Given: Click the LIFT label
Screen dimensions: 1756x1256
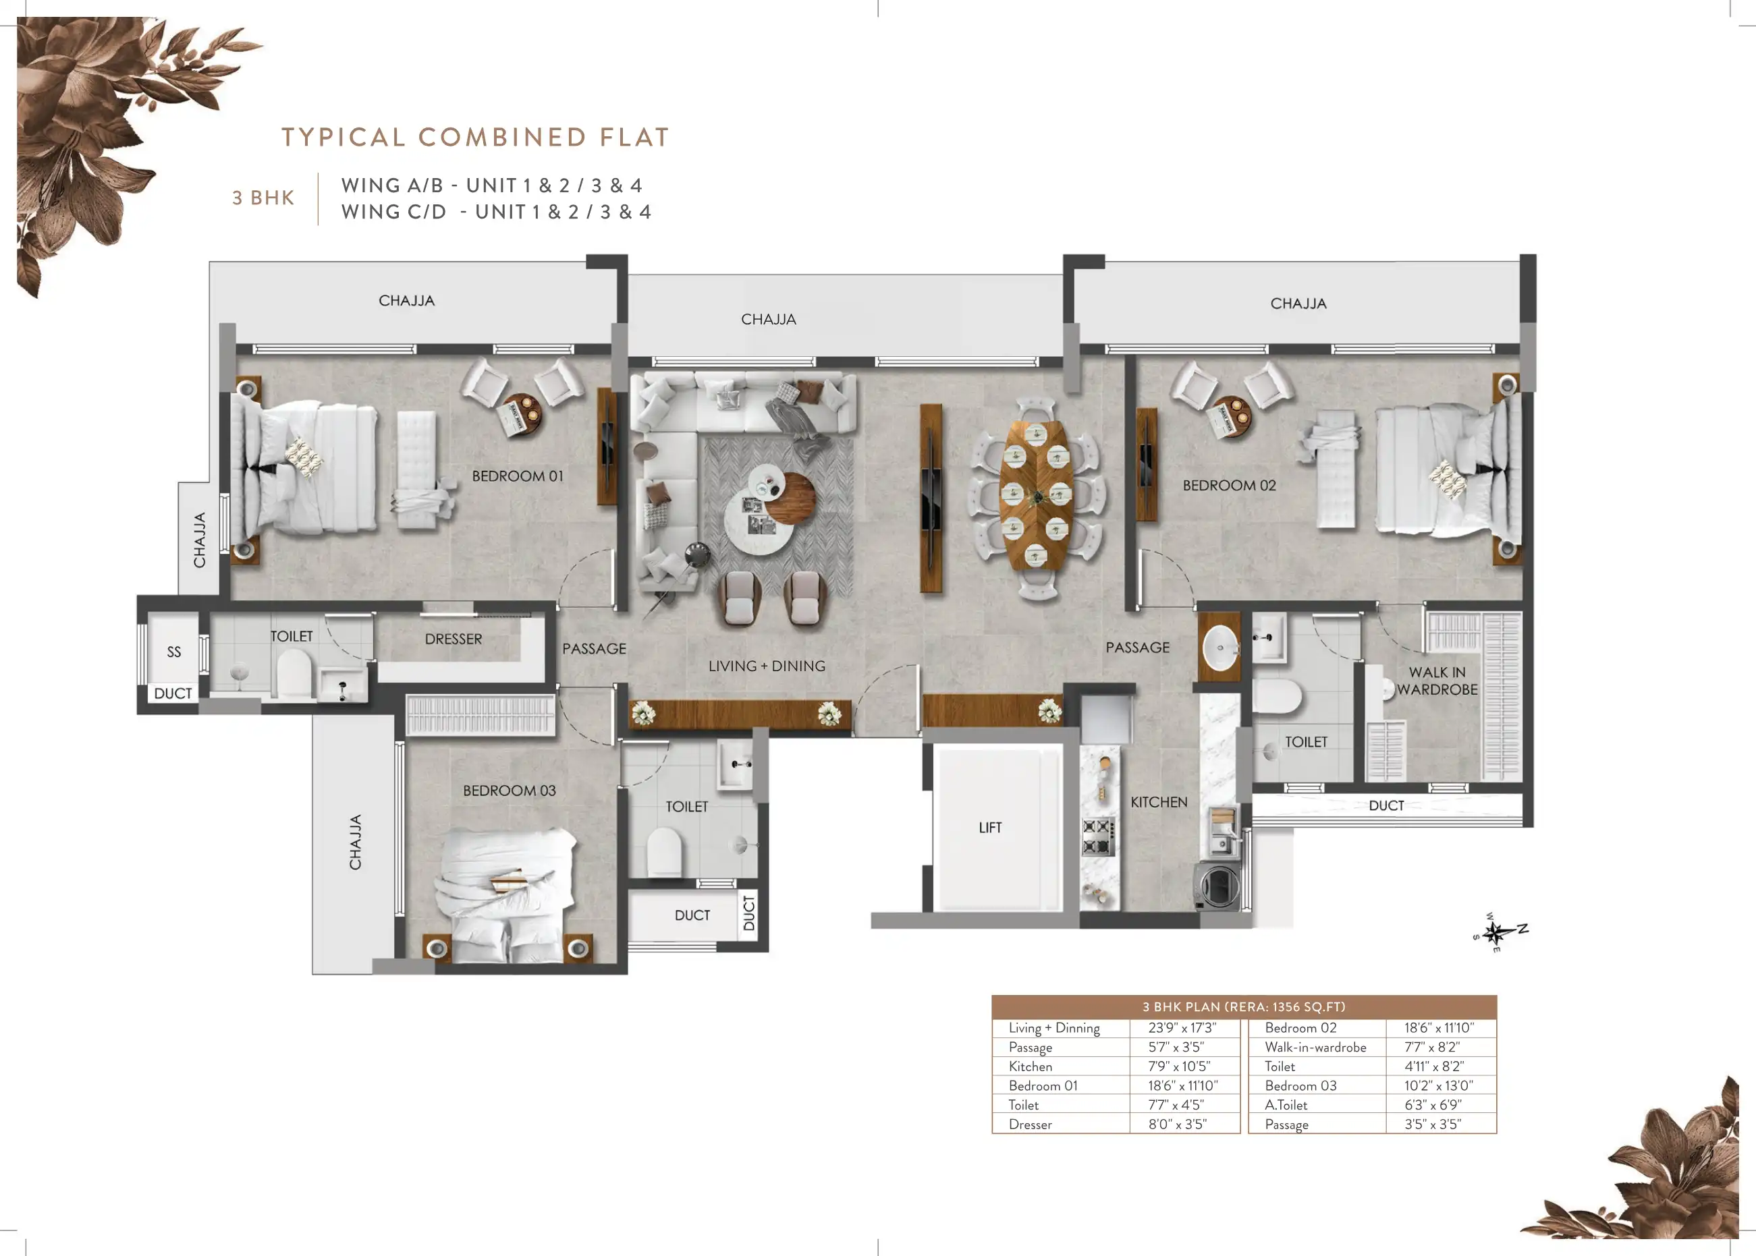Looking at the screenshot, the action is (x=990, y=828).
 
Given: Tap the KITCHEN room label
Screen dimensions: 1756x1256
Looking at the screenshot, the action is (x=1159, y=802).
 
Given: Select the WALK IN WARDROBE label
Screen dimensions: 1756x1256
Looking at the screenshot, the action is (x=1437, y=681).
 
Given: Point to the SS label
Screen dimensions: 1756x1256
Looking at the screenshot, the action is (x=174, y=652).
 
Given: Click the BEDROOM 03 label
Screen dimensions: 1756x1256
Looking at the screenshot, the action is (x=509, y=791).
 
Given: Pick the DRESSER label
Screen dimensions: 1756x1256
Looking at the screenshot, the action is (x=454, y=639).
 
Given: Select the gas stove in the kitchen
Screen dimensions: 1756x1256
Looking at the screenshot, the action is (x=1099, y=836).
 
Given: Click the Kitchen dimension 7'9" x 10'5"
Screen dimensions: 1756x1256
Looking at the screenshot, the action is (x=1179, y=1066).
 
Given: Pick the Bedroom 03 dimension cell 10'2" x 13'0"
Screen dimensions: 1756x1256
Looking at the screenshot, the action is (x=1439, y=1086).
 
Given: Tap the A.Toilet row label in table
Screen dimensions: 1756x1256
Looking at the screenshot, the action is (x=1286, y=1105).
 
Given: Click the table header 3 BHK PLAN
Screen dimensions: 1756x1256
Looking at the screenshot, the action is (x=1244, y=1007).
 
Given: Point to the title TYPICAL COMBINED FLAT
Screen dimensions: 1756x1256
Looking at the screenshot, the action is (x=475, y=137).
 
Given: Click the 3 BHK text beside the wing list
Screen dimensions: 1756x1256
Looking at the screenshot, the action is (x=263, y=198).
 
